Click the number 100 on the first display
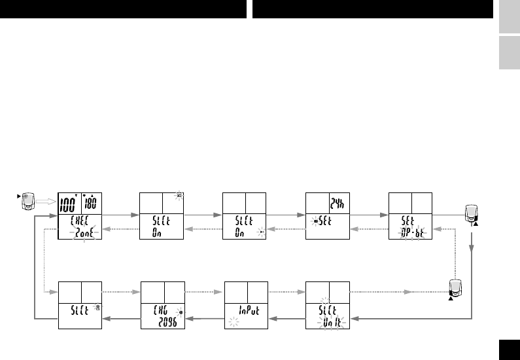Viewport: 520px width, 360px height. (69, 202)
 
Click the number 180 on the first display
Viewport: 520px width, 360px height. (92, 203)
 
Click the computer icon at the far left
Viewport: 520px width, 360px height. (27, 200)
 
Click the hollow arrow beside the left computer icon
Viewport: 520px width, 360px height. (45, 202)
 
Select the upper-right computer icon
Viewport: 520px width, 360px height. (471, 213)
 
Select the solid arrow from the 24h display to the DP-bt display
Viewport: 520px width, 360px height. (369, 214)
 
